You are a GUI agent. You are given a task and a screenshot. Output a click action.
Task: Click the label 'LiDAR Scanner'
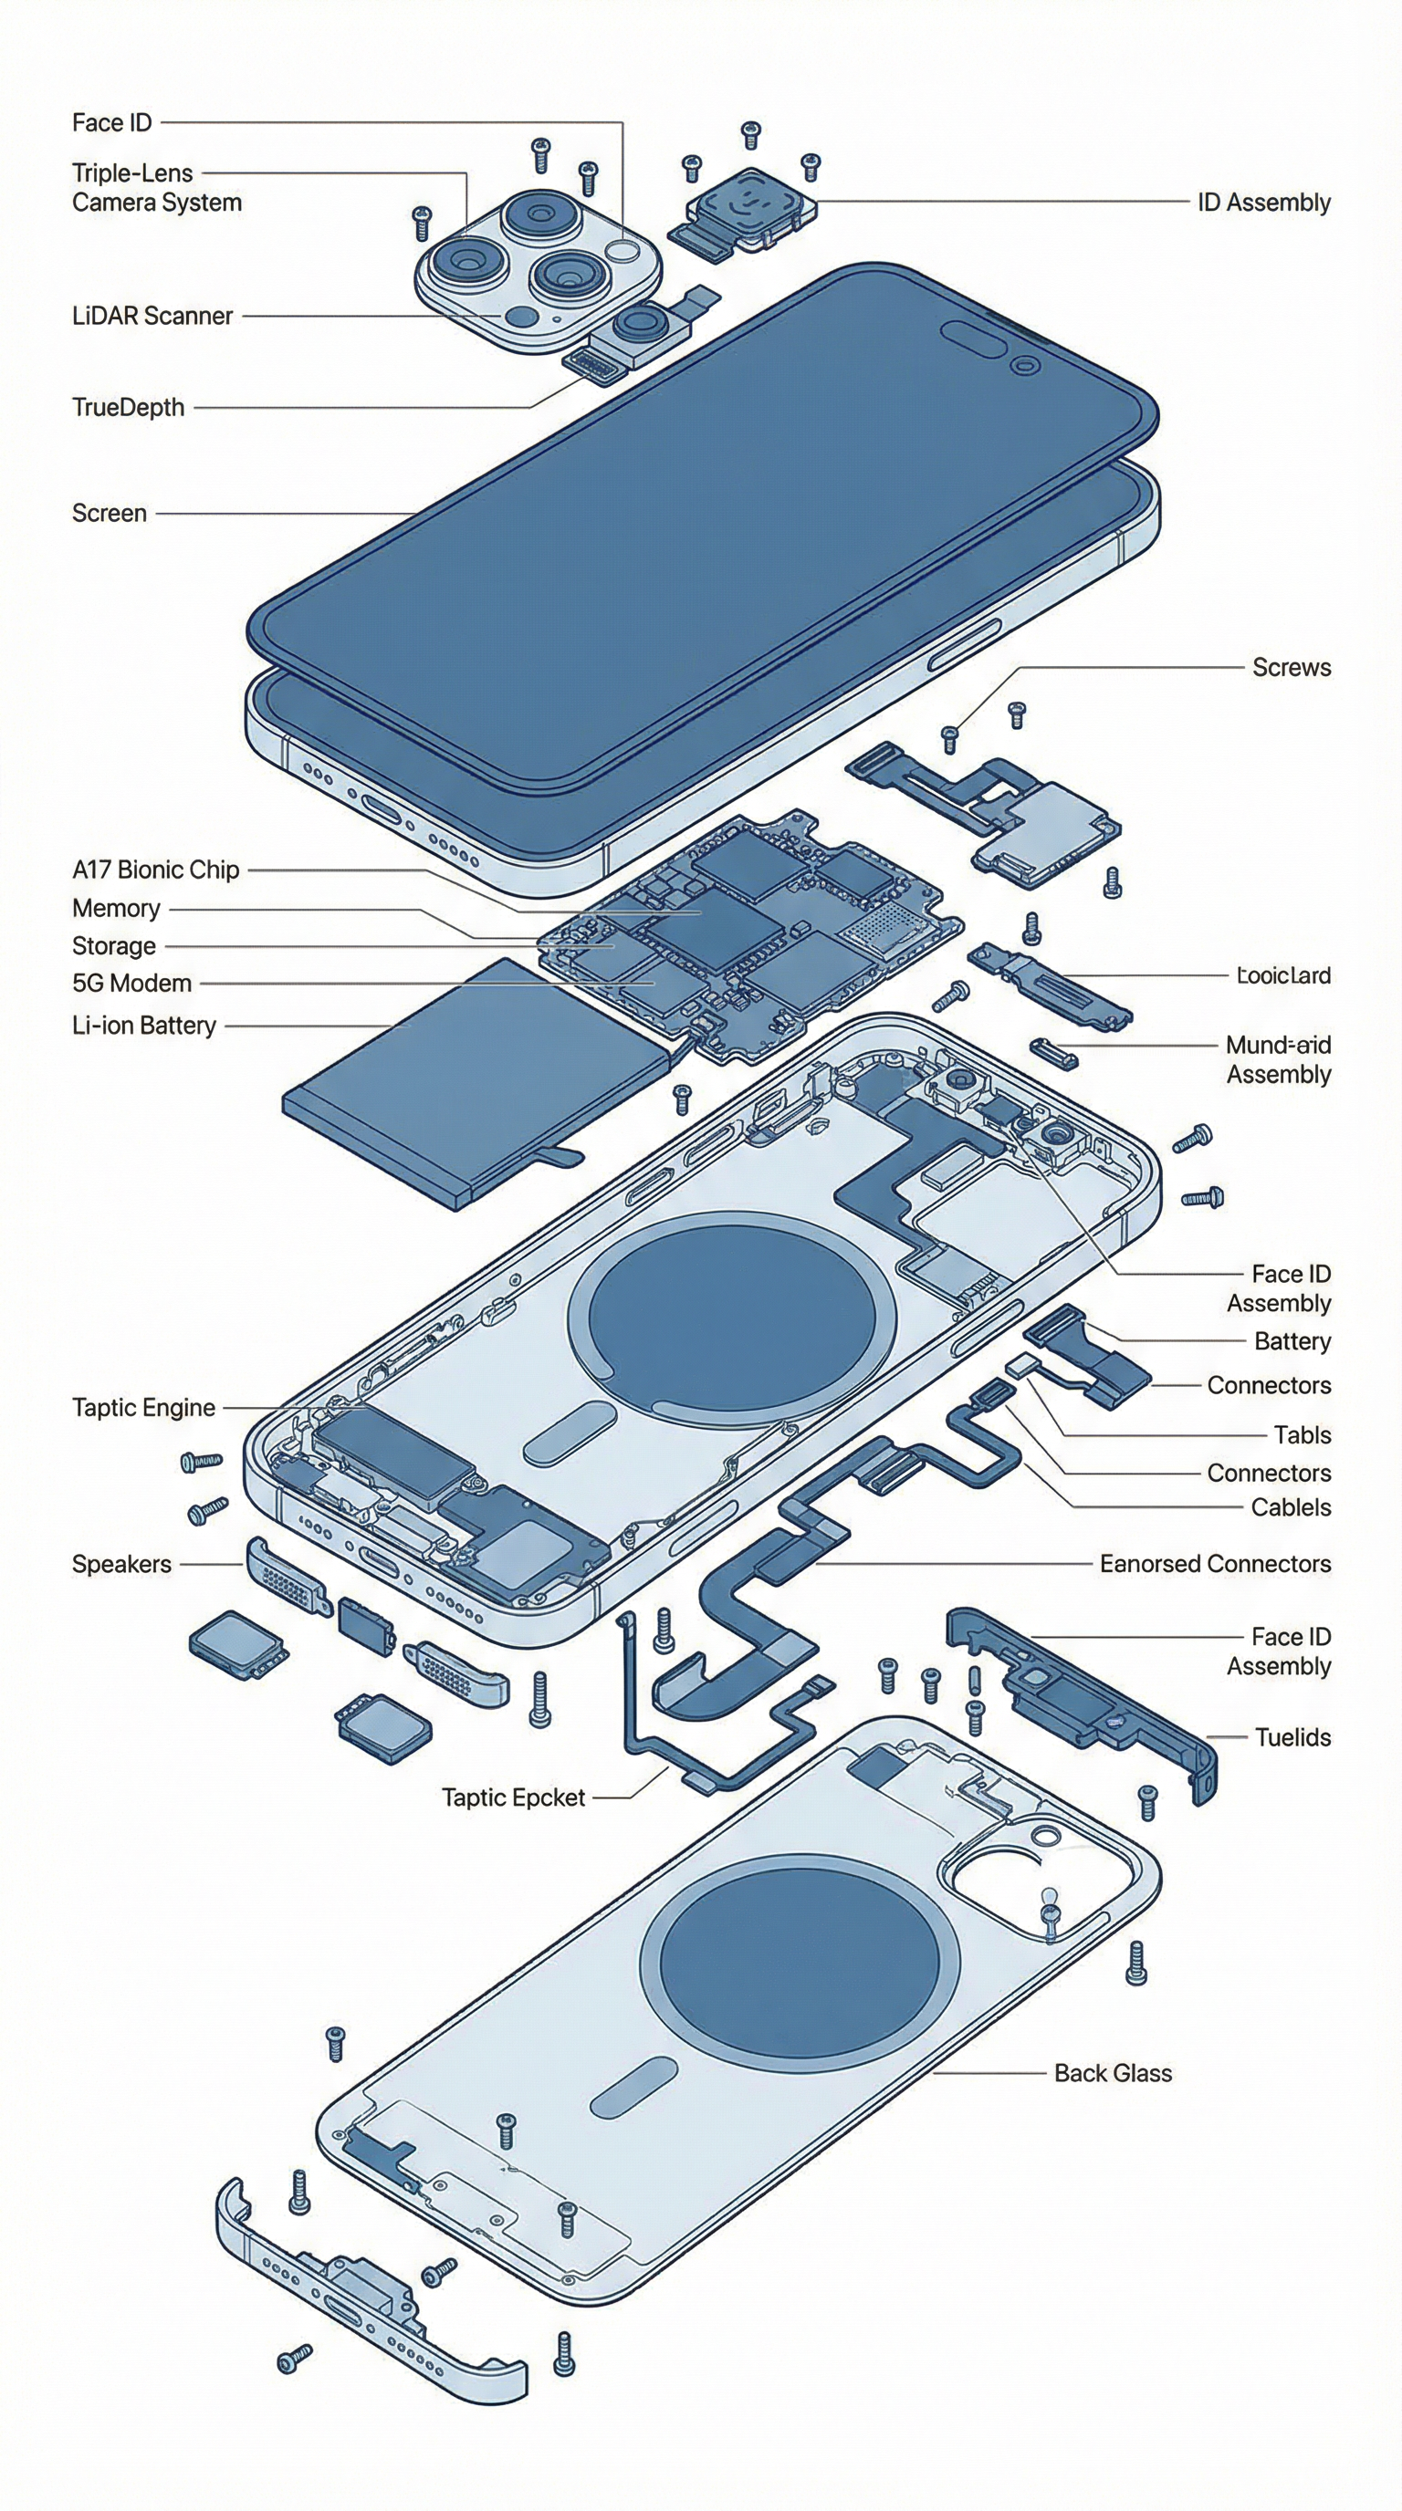click(x=152, y=316)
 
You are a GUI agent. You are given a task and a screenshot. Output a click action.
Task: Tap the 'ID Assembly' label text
click(x=1263, y=203)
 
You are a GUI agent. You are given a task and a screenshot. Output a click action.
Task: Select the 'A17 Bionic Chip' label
click(x=155, y=870)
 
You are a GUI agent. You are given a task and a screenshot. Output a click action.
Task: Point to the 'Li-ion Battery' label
click(x=143, y=1026)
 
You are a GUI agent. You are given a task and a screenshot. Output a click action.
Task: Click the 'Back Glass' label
click(x=1113, y=2073)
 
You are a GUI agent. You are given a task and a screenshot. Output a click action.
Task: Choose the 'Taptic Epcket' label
click(x=513, y=1797)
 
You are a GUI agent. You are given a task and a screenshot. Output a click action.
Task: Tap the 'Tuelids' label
click(x=1292, y=1737)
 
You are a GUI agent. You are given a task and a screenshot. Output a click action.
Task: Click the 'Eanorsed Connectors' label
click(x=1215, y=1564)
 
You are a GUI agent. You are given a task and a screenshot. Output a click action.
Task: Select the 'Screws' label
click(x=1291, y=668)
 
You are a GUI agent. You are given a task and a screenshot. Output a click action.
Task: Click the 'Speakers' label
click(x=120, y=1564)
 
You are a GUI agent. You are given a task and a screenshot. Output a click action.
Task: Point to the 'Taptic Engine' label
click(x=143, y=1408)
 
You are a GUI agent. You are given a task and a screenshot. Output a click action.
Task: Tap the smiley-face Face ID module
click(x=748, y=205)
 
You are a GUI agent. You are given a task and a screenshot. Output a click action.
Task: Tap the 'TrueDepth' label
click(x=128, y=408)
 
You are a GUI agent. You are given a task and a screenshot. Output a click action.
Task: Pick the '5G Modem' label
click(x=131, y=984)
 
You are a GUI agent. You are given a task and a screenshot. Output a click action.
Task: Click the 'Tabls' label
click(x=1302, y=1435)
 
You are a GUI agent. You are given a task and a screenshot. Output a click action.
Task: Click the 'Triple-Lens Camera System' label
click(x=156, y=188)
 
